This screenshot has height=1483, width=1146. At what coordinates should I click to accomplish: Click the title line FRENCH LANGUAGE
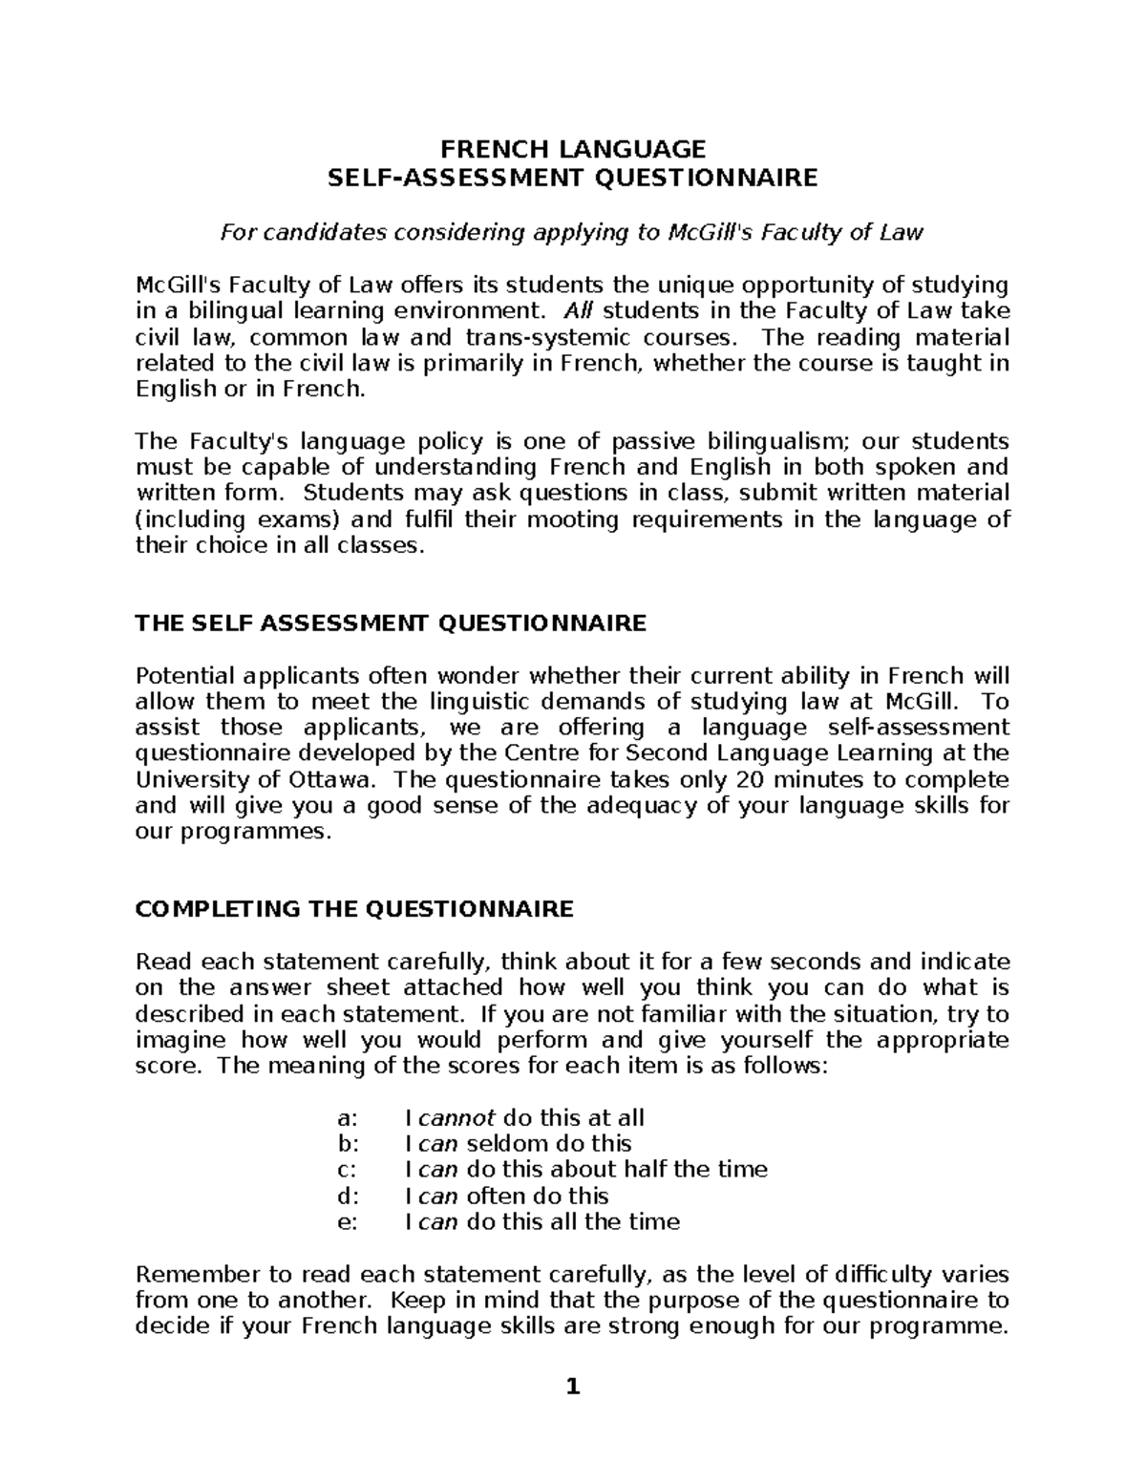pyautogui.click(x=572, y=149)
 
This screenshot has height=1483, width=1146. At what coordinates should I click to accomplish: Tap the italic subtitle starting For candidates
pyautogui.click(x=572, y=232)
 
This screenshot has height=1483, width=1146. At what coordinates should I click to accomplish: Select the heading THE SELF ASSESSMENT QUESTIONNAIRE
pyautogui.click(x=391, y=625)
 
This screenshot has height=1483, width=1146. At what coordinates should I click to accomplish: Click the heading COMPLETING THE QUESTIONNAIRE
pyautogui.click(x=354, y=909)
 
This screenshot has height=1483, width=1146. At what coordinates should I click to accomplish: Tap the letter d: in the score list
pyautogui.click(x=348, y=1196)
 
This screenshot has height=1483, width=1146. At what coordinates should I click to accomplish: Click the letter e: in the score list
pyautogui.click(x=348, y=1222)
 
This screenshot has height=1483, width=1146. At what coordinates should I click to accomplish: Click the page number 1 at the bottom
pyautogui.click(x=573, y=1387)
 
